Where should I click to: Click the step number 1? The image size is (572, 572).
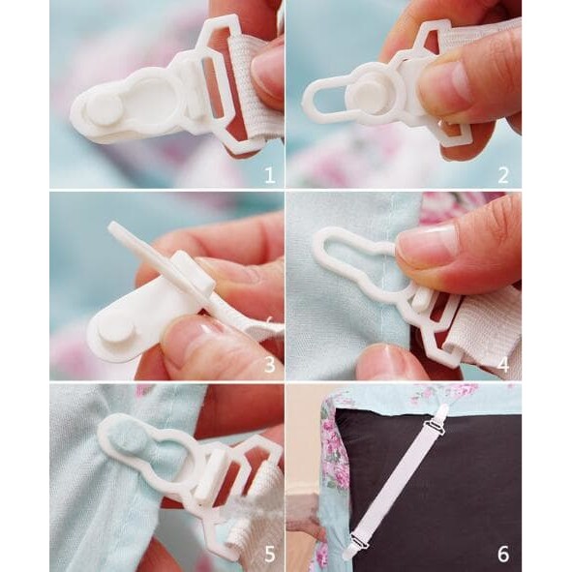pos(269,174)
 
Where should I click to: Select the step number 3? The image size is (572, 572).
pos(269,365)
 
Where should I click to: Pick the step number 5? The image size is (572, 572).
pos(269,555)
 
